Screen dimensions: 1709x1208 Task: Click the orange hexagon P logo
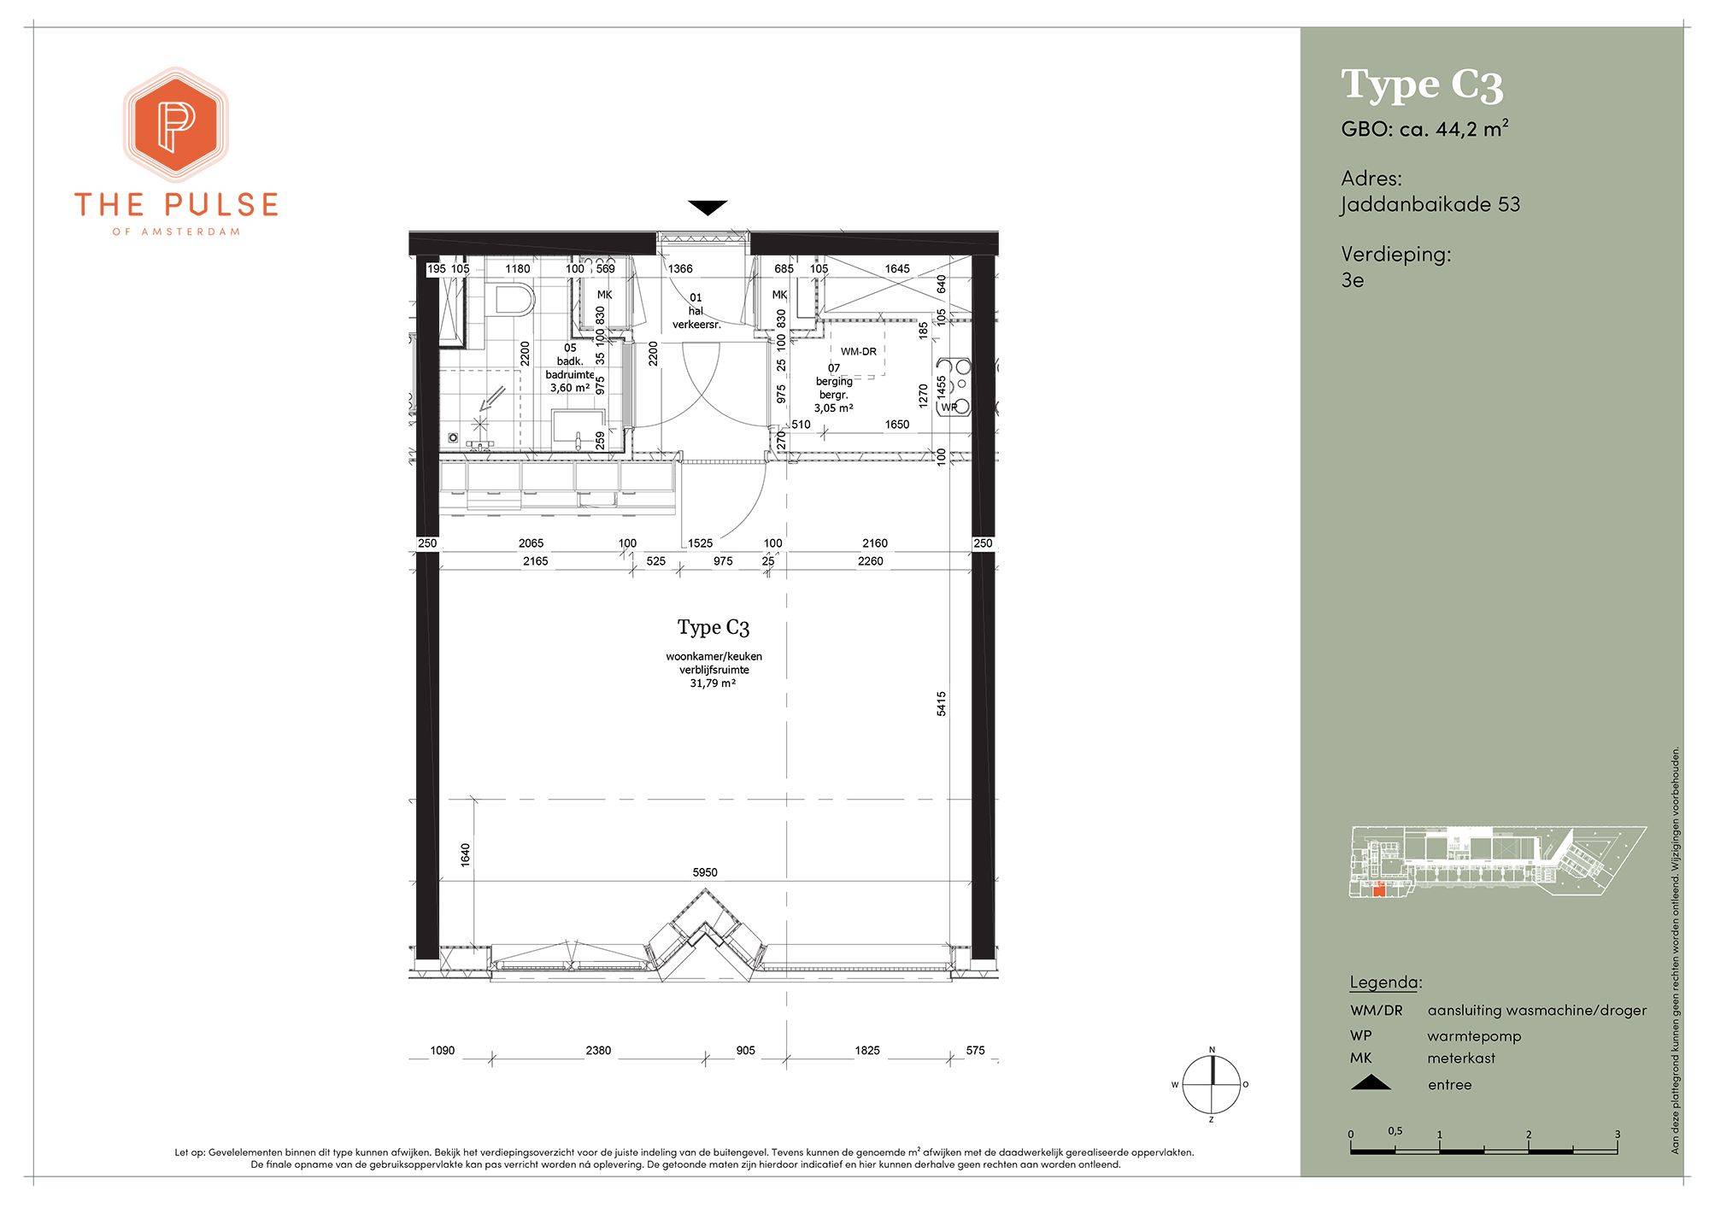[x=176, y=125]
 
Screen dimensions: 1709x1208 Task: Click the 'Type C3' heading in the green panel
[x=1422, y=85]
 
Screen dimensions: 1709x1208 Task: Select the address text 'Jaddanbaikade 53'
[x=1430, y=204]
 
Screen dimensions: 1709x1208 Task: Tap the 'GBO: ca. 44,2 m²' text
[x=1424, y=129]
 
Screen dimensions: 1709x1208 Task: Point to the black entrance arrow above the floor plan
[x=708, y=208]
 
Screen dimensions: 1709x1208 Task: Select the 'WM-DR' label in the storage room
[x=858, y=351]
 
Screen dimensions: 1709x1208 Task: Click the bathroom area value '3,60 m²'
[x=570, y=387]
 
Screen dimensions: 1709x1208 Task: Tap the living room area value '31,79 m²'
[x=714, y=683]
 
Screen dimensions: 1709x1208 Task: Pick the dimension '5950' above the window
[x=705, y=872]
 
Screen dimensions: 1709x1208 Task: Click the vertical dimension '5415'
[x=942, y=704]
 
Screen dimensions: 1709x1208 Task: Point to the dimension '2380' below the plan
[x=598, y=1050]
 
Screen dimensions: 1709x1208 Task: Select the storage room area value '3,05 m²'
[x=833, y=408]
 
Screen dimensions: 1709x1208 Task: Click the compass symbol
[x=1211, y=1084]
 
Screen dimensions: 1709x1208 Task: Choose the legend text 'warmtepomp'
[x=1474, y=1036]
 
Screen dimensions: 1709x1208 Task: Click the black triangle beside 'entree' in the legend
[x=1371, y=1083]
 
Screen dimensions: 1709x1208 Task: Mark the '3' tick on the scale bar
[x=1617, y=1135]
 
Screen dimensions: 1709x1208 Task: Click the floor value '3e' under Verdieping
[x=1353, y=280]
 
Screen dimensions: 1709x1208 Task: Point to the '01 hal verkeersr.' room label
[x=696, y=311]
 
